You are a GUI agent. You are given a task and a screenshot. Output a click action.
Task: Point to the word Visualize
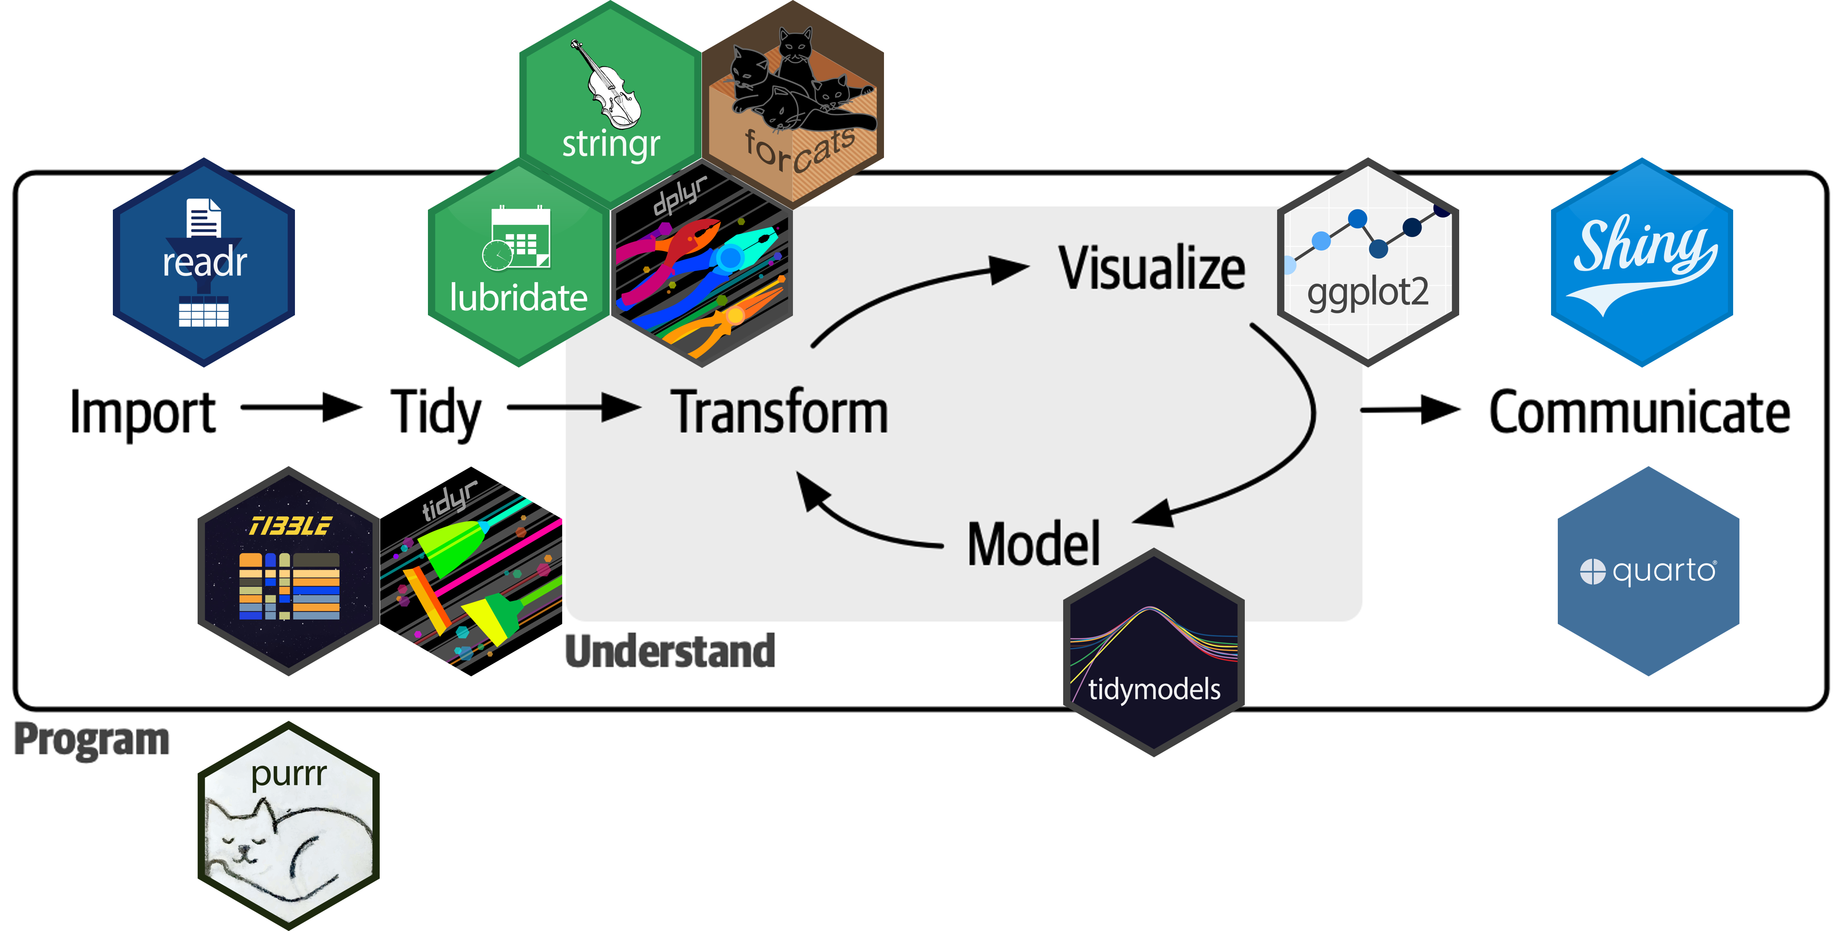pyautogui.click(x=1152, y=269)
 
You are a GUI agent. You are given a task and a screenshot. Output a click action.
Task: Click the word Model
pyautogui.click(x=1033, y=545)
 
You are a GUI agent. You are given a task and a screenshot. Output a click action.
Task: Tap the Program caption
pyautogui.click(x=92, y=740)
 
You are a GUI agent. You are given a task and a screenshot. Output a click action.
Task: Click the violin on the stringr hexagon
pyautogui.click(x=609, y=86)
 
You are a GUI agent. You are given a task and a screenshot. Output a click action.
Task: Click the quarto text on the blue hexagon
pyautogui.click(x=1664, y=571)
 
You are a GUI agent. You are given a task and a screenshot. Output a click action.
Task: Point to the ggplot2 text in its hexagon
pyautogui.click(x=1367, y=292)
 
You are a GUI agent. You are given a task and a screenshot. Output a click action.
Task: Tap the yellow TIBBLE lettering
pyautogui.click(x=289, y=527)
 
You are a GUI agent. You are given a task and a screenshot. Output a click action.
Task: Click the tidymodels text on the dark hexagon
pyautogui.click(x=1154, y=689)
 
